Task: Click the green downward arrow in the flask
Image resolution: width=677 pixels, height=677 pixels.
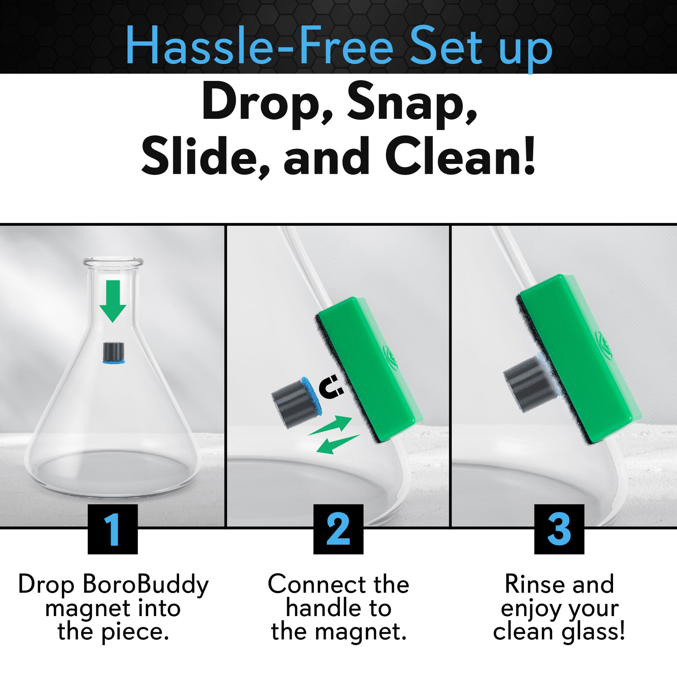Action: (x=112, y=301)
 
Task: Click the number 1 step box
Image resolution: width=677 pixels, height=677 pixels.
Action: (x=112, y=529)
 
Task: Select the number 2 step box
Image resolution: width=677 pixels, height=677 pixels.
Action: (x=338, y=529)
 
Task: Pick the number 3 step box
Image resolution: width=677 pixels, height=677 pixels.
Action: (x=559, y=529)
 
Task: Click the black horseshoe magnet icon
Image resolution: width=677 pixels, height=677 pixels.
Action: (x=331, y=387)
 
